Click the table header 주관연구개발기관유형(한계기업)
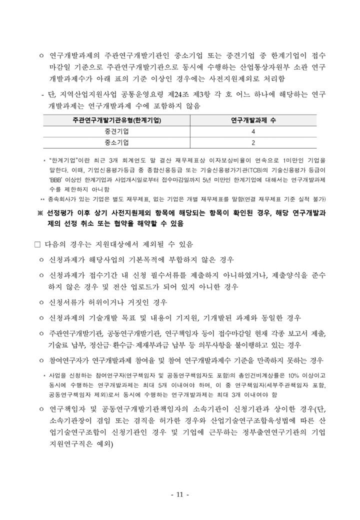tap(116, 120)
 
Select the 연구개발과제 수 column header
tap(253, 120)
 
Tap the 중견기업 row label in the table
tap(116, 131)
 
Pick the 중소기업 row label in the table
tap(116, 142)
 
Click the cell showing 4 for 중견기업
tap(253, 131)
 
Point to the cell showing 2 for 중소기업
tap(253, 142)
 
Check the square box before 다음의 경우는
tap(36, 244)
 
